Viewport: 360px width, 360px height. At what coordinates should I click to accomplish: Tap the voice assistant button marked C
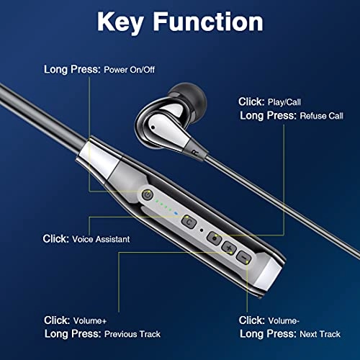189,221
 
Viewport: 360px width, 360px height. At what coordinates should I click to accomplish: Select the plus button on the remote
229,248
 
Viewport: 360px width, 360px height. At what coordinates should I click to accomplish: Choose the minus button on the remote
245,257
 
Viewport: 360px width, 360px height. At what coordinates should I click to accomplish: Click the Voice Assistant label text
100,238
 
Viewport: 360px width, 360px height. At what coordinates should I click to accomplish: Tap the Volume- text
285,320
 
